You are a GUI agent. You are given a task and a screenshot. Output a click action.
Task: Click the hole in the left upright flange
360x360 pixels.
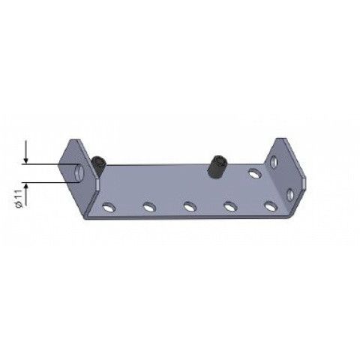(x=78, y=172)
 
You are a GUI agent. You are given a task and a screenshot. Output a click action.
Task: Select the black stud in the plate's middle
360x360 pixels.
(x=217, y=166)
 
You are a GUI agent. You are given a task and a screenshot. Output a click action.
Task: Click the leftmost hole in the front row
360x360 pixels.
(x=109, y=205)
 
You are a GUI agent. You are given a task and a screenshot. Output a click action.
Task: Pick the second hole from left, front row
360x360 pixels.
(x=149, y=205)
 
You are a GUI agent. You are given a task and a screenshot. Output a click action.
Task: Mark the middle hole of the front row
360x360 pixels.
(x=190, y=205)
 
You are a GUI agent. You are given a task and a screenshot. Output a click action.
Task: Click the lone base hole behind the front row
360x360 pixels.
(x=256, y=173)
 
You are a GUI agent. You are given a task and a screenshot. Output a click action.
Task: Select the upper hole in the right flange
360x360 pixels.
(x=277, y=160)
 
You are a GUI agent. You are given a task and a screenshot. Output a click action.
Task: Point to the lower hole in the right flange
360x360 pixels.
(x=289, y=194)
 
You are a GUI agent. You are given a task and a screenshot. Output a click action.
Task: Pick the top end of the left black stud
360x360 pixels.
(x=100, y=157)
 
